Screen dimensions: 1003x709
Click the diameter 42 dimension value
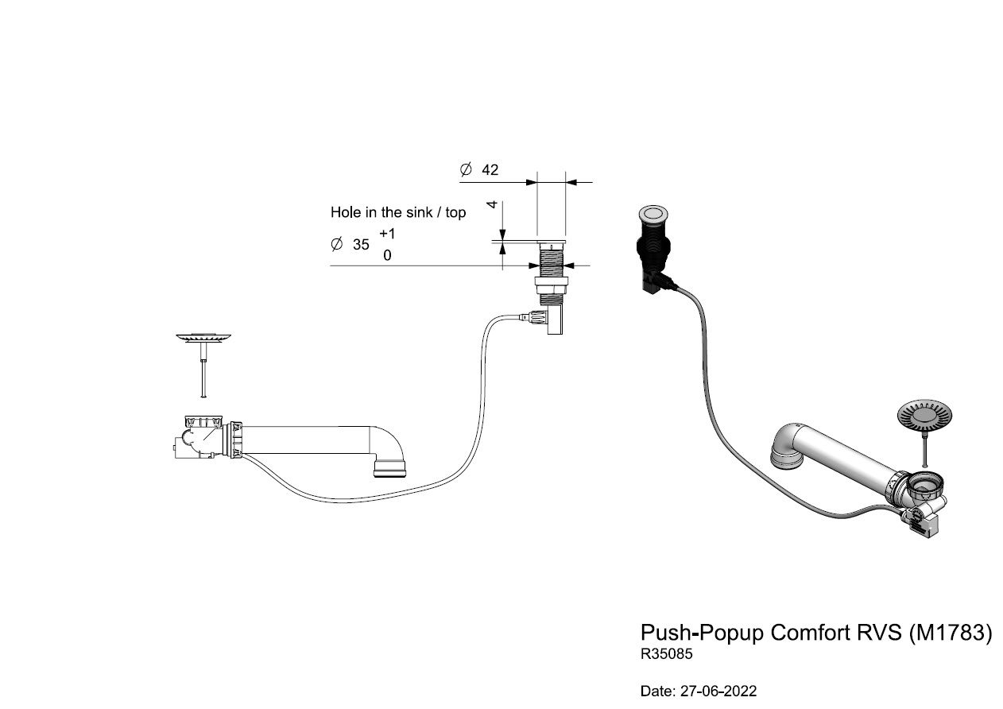pyautogui.click(x=490, y=170)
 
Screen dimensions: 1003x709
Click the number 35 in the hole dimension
pyautogui.click(x=361, y=245)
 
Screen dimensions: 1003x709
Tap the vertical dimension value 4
pyautogui.click(x=492, y=205)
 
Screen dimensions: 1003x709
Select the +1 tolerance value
pyautogui.click(x=387, y=234)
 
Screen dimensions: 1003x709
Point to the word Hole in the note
pyautogui.click(x=346, y=212)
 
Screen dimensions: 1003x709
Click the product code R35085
pyautogui.click(x=666, y=654)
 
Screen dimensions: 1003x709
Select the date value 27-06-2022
pyautogui.click(x=718, y=691)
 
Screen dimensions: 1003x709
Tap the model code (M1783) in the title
pyautogui.click(x=951, y=633)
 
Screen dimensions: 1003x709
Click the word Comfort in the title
pyautogui.click(x=804, y=633)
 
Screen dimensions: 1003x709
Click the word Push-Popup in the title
pyautogui.click(x=702, y=633)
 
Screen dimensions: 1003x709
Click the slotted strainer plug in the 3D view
pyautogui.click(x=924, y=414)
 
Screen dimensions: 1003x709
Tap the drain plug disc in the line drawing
pyautogui.click(x=203, y=337)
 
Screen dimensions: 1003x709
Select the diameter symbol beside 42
pyautogui.click(x=466, y=169)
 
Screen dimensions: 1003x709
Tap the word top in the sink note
pyautogui.click(x=455, y=213)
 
